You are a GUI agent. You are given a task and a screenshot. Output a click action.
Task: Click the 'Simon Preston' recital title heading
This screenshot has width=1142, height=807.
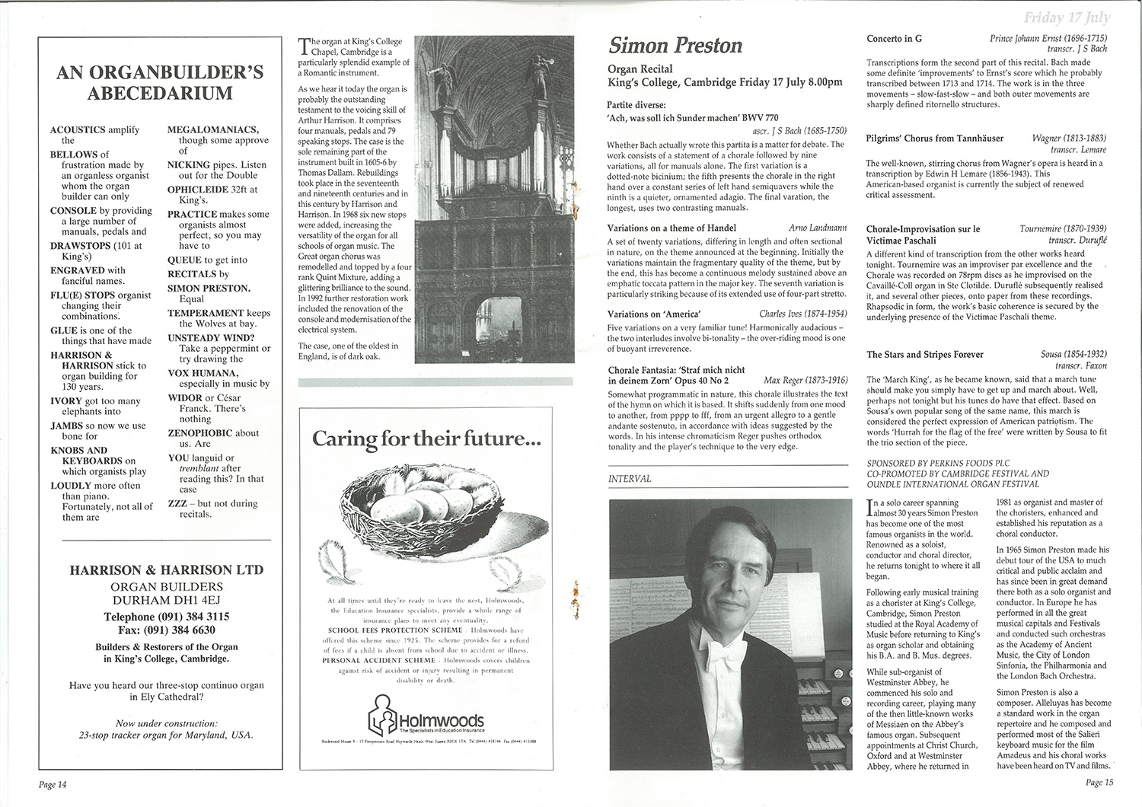[675, 46]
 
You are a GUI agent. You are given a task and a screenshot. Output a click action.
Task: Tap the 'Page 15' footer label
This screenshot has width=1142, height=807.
[1099, 782]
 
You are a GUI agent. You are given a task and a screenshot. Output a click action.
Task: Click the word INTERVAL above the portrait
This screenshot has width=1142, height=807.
[630, 479]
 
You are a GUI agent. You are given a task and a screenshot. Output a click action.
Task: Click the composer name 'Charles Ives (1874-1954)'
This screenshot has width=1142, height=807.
[802, 314]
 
